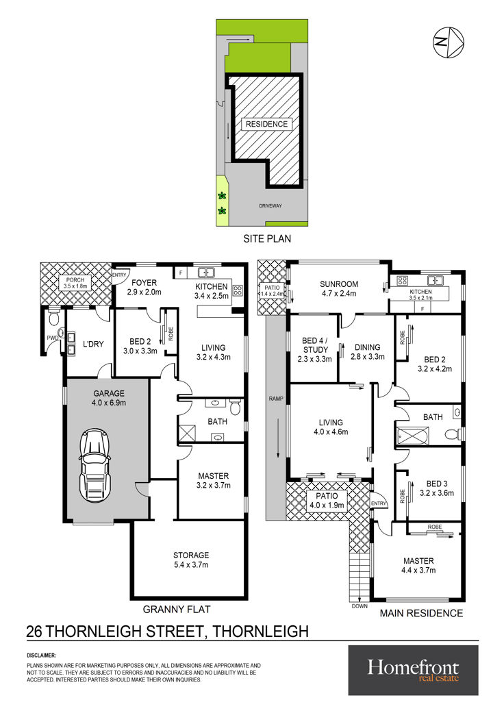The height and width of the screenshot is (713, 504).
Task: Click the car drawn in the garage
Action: pyautogui.click(x=94, y=464)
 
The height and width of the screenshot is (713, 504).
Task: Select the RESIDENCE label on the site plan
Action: pyautogui.click(x=267, y=124)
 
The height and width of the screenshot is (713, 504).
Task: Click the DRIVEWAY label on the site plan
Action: pyautogui.click(x=270, y=206)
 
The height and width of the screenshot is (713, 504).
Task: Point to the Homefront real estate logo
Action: pyautogui.click(x=413, y=671)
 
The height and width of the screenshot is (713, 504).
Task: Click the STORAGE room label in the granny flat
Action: pyautogui.click(x=191, y=560)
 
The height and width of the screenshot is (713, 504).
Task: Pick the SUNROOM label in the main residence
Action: pyautogui.click(x=339, y=289)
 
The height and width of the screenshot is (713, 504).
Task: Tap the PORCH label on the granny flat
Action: pyautogui.click(x=75, y=283)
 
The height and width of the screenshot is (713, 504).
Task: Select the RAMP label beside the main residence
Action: pyautogui.click(x=276, y=399)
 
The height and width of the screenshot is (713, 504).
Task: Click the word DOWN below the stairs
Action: pyautogui.click(x=360, y=607)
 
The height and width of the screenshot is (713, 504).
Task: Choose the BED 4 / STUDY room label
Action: pyautogui.click(x=316, y=350)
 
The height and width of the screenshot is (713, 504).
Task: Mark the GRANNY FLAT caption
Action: pyautogui.click(x=177, y=610)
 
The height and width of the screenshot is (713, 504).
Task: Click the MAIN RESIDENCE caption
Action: pyautogui.click(x=421, y=614)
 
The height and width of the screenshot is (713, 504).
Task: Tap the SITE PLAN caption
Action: pyautogui.click(x=267, y=239)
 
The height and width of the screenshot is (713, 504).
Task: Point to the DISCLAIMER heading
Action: pyautogui.click(x=41, y=655)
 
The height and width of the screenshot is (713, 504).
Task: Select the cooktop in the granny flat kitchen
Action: pyautogui.click(x=238, y=290)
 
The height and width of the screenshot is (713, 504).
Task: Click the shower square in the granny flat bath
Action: pyautogui.click(x=187, y=434)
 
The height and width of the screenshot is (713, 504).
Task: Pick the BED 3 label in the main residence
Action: pyautogui.click(x=437, y=488)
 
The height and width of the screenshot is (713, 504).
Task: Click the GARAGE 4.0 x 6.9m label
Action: pyautogui.click(x=109, y=398)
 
